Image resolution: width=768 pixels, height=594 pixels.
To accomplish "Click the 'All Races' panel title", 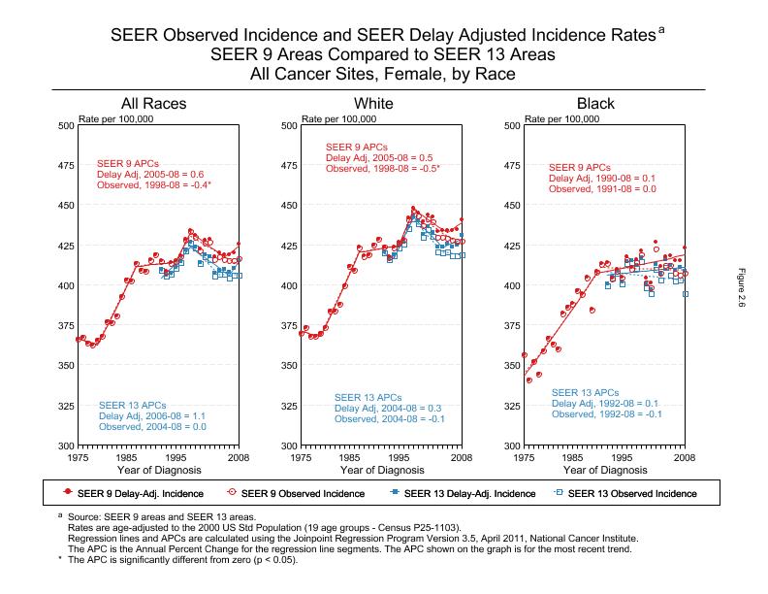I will tap(153, 104).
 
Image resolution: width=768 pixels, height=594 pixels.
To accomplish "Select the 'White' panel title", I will tap(374, 104).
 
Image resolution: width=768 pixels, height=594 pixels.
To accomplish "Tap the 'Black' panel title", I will tap(595, 104).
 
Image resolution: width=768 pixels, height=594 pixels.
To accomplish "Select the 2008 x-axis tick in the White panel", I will tap(462, 456).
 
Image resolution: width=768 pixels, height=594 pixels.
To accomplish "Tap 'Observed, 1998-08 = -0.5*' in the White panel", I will tap(383, 169).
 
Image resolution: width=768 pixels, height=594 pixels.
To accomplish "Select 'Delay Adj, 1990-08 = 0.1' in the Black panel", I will tap(602, 179).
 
